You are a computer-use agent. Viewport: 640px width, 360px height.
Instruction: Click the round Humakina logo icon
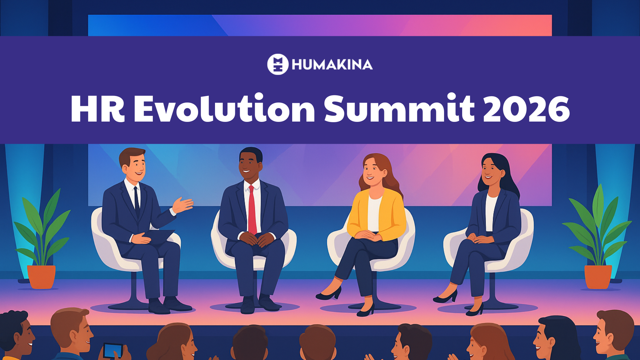[x=277, y=64]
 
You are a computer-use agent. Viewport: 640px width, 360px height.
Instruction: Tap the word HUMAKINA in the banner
[x=332, y=65]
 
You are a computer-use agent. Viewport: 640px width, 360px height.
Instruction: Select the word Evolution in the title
[x=224, y=109]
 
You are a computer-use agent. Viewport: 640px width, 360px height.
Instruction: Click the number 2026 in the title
[x=526, y=109]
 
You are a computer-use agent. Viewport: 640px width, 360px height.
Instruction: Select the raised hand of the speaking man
[x=182, y=205]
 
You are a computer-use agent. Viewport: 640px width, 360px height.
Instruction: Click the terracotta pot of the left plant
[x=41, y=277]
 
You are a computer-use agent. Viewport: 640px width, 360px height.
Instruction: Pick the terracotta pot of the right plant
[x=598, y=277]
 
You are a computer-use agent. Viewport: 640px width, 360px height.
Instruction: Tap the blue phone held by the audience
[x=113, y=350]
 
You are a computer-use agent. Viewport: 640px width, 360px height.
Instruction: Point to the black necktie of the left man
[x=137, y=202]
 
